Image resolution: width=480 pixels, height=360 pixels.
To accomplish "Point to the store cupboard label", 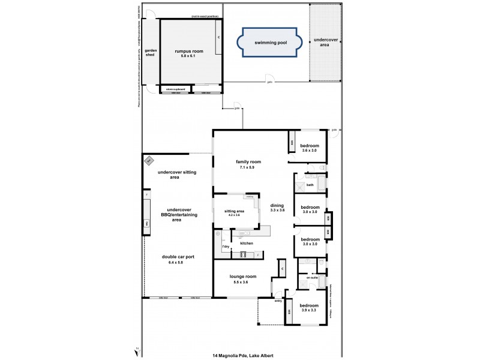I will pyautogui.click(x=175, y=89).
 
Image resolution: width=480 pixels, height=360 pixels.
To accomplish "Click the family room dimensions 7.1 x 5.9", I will pyautogui.click(x=248, y=167).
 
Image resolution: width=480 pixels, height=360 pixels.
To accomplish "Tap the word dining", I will pyautogui.click(x=276, y=206).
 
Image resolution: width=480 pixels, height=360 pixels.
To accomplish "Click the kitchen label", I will pyautogui.click(x=247, y=243).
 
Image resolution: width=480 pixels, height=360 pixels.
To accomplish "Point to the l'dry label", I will pyautogui.click(x=226, y=247).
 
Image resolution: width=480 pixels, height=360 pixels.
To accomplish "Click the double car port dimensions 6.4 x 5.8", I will pyautogui.click(x=178, y=263).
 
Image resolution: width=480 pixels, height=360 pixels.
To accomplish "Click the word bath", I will pyautogui.click(x=310, y=185).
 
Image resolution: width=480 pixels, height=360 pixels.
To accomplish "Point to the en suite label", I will pyautogui.click(x=312, y=278).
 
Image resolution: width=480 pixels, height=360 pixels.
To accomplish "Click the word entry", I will pyautogui.click(x=278, y=301).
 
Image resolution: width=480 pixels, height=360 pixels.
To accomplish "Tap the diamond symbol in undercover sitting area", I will pyautogui.click(x=149, y=160).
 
